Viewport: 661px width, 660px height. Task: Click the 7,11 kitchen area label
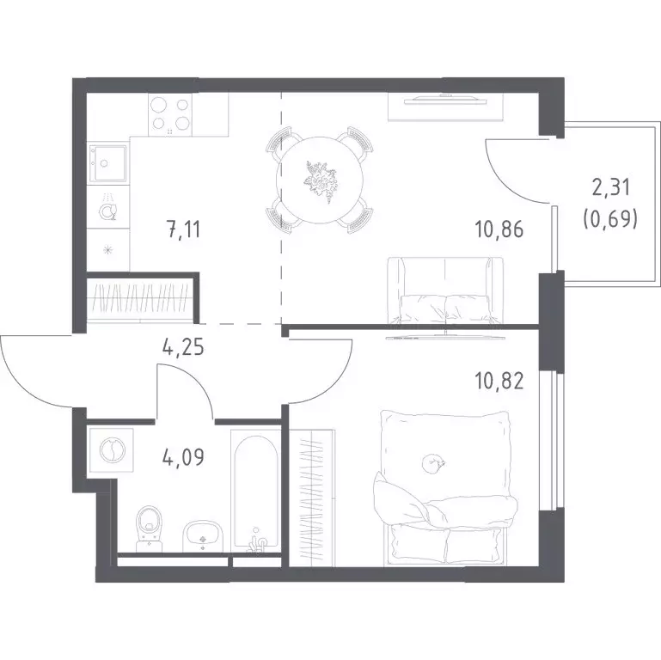tap(184, 230)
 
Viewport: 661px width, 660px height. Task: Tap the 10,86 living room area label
tap(499, 229)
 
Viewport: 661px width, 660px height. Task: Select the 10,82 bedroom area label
tap(499, 382)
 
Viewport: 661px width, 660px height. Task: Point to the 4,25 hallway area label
tap(183, 348)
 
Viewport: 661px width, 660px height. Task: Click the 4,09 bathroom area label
tap(183, 457)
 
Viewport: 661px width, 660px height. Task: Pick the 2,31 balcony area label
tap(611, 188)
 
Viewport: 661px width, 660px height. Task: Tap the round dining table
tap(320, 180)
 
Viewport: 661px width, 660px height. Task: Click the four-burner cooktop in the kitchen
tap(170, 114)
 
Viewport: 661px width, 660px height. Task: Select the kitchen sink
tap(107, 163)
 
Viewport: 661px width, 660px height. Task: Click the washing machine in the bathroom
tap(112, 450)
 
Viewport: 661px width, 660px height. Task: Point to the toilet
tap(149, 529)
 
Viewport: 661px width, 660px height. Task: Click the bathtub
tap(255, 491)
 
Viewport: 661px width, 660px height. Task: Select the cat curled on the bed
tap(433, 462)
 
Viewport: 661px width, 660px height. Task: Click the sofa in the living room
tap(445, 290)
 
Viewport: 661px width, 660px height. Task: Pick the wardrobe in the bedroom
tap(312, 498)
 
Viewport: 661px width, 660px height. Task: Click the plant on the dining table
tap(320, 180)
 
